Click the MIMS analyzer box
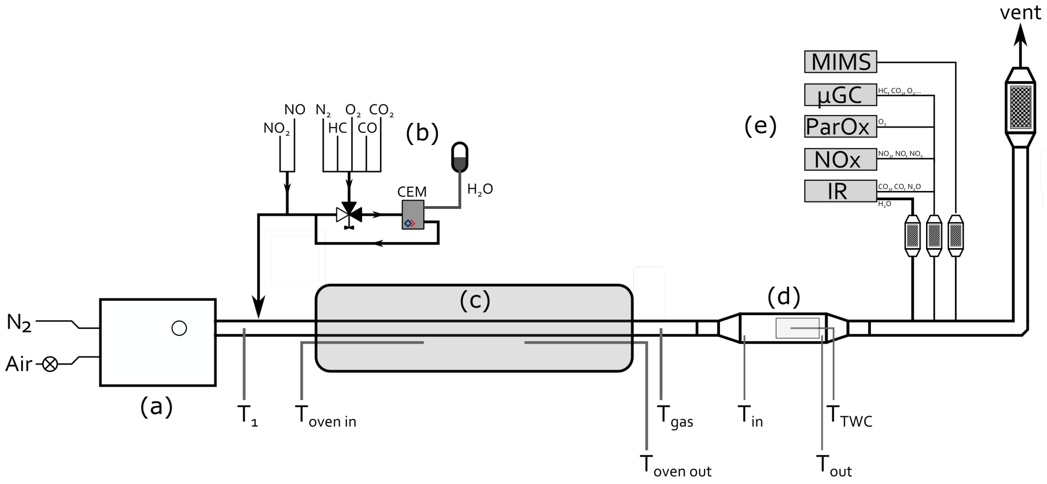pyautogui.click(x=840, y=62)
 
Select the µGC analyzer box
pyautogui.click(x=840, y=95)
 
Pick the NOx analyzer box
pyautogui.click(x=840, y=159)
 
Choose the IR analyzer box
pyautogui.click(x=840, y=191)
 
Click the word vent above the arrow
pyautogui.click(x=1020, y=12)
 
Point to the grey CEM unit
pyautogui.click(x=412, y=214)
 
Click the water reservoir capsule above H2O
pyautogui.click(x=460, y=157)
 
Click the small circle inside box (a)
pyautogui.click(x=179, y=328)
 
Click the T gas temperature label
pyautogui.click(x=675, y=416)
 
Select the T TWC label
pyautogui.click(x=849, y=416)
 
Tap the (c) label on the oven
pyautogui.click(x=475, y=300)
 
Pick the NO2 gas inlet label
pyautogui.click(x=276, y=128)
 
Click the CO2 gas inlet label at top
pyautogui.click(x=381, y=110)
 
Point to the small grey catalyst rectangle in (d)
pyautogui.click(x=797, y=328)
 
